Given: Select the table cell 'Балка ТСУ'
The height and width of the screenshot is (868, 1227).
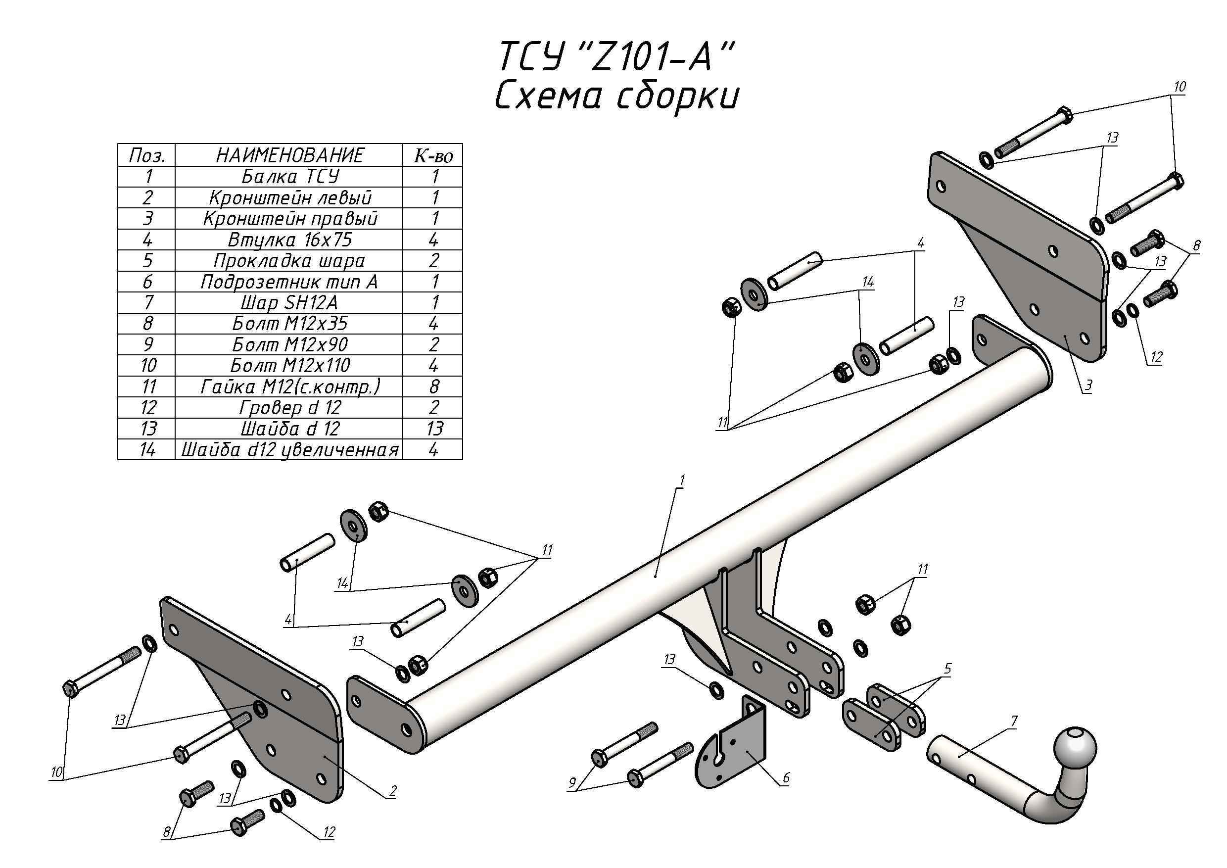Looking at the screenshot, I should coord(289,176).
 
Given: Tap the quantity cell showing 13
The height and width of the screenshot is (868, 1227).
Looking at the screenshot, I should coord(434,428).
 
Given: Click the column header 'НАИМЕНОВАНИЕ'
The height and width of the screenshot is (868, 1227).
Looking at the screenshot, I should coord(289,155).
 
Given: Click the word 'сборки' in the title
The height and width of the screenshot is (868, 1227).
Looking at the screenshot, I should coord(676,96).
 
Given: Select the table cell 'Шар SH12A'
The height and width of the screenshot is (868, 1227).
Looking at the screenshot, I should coord(289,302).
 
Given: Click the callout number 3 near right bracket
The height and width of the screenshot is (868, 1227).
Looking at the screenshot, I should coord(1088,386).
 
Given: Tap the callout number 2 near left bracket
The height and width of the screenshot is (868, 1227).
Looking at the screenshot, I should coord(393,790).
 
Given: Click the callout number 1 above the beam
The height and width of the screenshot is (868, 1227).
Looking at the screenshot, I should coord(682,481).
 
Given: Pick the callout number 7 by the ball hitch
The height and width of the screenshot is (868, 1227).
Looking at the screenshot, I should coord(1014,721).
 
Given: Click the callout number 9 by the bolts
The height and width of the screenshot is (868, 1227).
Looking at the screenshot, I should coord(572,783).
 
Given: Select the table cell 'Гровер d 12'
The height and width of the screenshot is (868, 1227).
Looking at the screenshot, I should coord(289,407).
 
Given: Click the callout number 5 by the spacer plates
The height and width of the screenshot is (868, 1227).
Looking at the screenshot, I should coord(948,668).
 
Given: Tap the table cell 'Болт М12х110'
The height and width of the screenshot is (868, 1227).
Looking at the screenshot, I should coord(289,366).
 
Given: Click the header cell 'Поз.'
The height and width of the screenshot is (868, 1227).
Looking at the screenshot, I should coord(147,155).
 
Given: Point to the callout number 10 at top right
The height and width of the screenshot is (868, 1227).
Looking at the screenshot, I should coord(1180,87).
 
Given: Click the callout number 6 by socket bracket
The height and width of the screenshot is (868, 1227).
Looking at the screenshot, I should coord(786,777).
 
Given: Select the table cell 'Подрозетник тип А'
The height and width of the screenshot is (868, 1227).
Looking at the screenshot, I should coord(289,282).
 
